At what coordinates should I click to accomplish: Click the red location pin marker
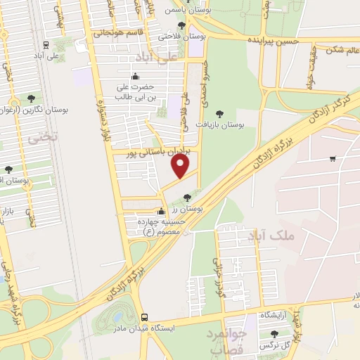[181, 165]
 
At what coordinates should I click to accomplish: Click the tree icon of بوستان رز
[186, 198]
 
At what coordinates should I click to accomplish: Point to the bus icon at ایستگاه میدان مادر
[144, 317]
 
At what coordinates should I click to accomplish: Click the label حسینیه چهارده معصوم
[162, 226]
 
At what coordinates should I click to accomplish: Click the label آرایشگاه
[276, 316]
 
